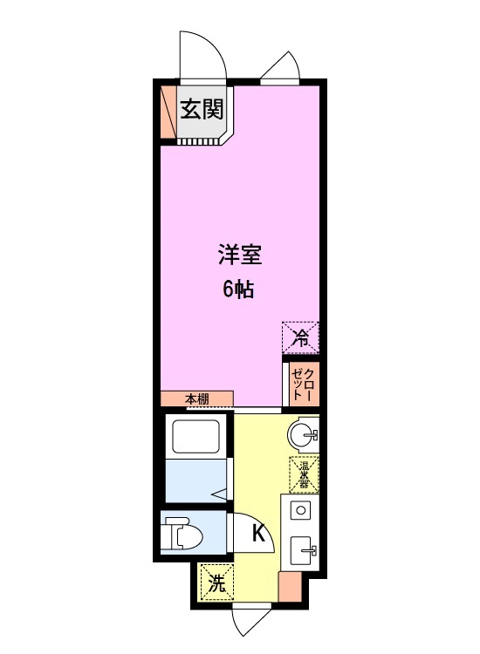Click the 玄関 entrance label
[202, 109]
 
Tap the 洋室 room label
[240, 255]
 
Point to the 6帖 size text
[238, 289]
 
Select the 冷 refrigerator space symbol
[300, 337]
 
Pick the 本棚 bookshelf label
[197, 399]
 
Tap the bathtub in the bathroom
[195, 437]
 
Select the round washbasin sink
[303, 435]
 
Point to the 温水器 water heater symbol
[304, 474]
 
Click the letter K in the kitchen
[259, 533]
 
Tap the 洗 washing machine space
[216, 582]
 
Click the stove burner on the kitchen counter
[300, 510]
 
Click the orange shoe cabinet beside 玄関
[168, 112]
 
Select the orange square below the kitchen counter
[290, 586]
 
